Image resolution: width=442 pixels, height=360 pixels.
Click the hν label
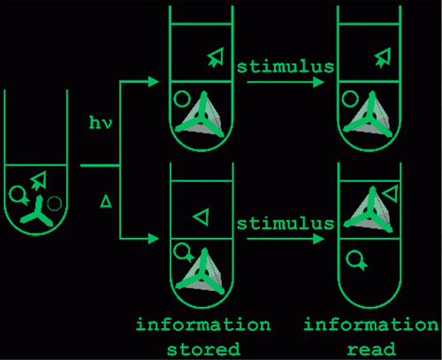tap(101, 123)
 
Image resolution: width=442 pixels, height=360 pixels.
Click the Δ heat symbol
tap(106, 202)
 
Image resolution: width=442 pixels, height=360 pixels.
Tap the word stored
tap(203, 349)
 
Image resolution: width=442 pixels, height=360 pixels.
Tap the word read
tap(371, 349)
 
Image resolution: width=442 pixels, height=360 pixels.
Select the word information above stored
tap(203, 325)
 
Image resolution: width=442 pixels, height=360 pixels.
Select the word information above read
tap(371, 325)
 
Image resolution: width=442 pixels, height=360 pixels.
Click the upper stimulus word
tap(286, 66)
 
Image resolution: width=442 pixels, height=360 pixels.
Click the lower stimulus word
tap(286, 223)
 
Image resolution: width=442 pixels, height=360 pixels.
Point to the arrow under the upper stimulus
tap(286, 82)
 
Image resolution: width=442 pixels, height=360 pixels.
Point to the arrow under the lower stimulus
tap(286, 239)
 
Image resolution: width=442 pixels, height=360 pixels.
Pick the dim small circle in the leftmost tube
tap(55, 203)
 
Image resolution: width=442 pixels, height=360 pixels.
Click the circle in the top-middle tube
tap(182, 99)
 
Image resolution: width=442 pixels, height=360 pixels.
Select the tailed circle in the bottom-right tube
tap(356, 260)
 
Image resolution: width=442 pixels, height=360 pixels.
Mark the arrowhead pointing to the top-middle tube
tap(153, 82)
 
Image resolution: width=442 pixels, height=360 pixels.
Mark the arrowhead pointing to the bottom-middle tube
tap(153, 239)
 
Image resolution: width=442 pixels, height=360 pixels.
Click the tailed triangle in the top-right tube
tap(384, 57)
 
